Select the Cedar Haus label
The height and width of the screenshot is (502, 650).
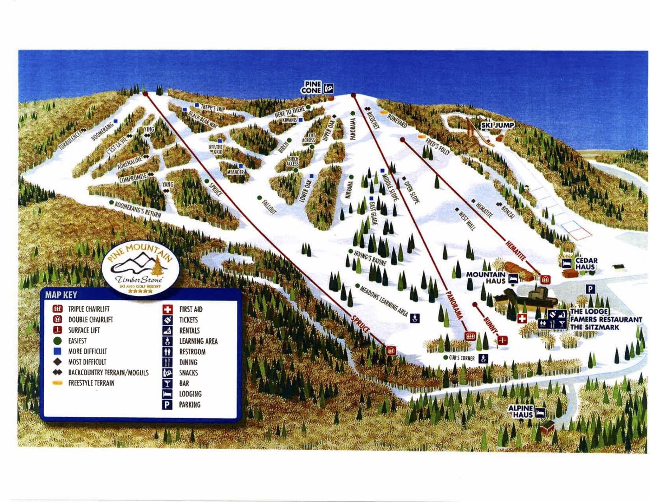(586, 263)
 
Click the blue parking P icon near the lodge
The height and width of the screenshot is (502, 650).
(590, 289)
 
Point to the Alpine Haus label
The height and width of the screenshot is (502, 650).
(520, 411)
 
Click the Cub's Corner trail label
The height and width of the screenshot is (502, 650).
(461, 358)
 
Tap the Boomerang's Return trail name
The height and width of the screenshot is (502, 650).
(138, 210)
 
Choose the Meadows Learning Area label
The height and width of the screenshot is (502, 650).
(384, 301)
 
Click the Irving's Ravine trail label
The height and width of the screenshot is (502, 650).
(370, 258)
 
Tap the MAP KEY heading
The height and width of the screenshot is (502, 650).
(61, 295)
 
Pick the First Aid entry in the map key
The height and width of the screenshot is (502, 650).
(190, 309)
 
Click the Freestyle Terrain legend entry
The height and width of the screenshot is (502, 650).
(91, 383)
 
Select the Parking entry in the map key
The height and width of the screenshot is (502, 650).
(189, 405)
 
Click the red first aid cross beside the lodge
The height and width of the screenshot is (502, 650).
(522, 319)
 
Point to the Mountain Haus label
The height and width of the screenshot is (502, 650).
(486, 277)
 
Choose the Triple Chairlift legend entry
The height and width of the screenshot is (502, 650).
(88, 309)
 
